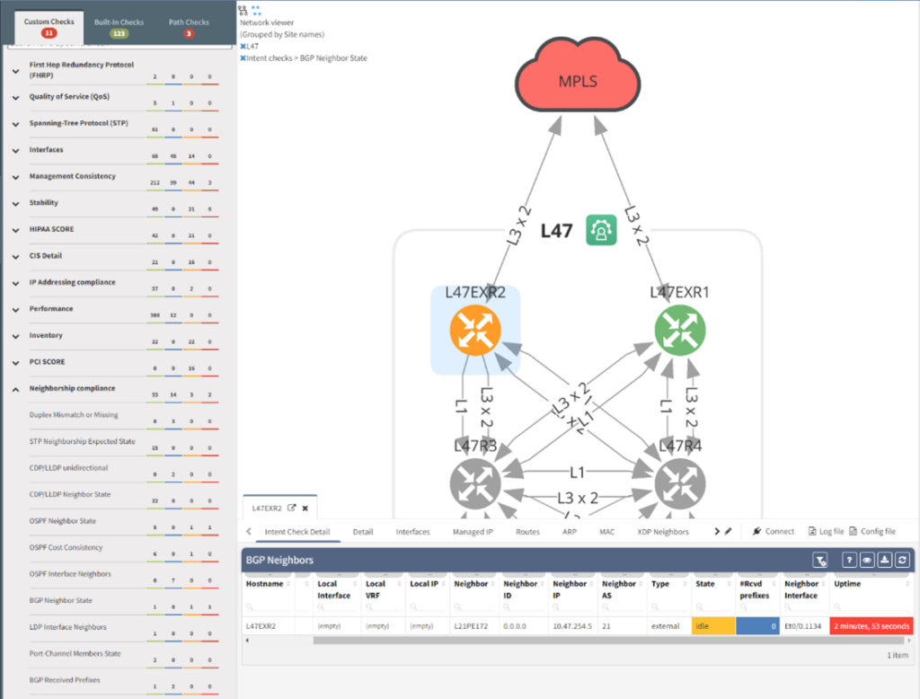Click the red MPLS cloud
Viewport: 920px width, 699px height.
(x=577, y=82)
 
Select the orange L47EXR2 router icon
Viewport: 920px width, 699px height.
(x=475, y=330)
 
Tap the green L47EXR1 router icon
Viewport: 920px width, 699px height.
(x=680, y=330)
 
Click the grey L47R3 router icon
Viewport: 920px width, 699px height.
(x=475, y=482)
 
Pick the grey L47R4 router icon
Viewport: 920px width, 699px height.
(x=680, y=482)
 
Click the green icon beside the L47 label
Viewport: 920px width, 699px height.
(x=599, y=231)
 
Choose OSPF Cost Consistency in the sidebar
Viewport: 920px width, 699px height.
(x=66, y=547)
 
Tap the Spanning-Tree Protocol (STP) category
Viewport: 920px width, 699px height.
(x=78, y=123)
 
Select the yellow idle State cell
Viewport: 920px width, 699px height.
(x=712, y=625)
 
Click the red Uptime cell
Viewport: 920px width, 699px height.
(x=871, y=625)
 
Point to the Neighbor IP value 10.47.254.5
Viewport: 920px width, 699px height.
(x=573, y=625)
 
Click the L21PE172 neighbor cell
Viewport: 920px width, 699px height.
(x=472, y=625)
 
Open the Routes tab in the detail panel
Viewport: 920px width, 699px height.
(x=527, y=532)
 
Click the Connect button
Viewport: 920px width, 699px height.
(x=773, y=532)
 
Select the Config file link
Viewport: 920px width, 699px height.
(x=872, y=532)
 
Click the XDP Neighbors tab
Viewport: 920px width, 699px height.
(x=663, y=532)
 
